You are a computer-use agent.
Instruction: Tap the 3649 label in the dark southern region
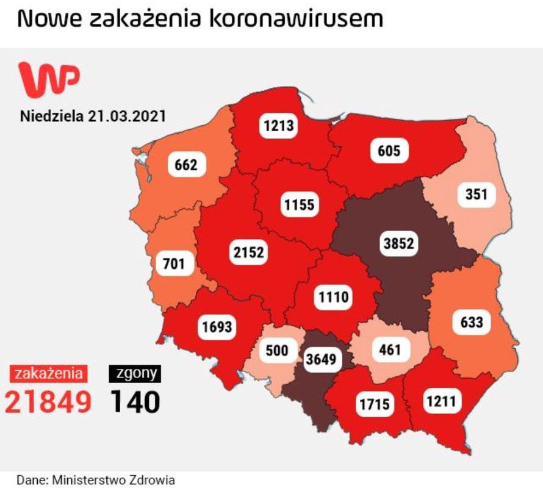[x=322, y=359]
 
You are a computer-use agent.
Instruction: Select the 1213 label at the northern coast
[x=279, y=126]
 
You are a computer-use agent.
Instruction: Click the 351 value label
[x=475, y=195]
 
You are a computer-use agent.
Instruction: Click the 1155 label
[x=300, y=204]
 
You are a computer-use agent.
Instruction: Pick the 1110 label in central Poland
[x=333, y=297]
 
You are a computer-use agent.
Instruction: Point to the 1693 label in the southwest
[x=217, y=327]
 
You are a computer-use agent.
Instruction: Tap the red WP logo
[x=49, y=77]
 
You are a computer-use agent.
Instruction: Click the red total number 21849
[x=49, y=401]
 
